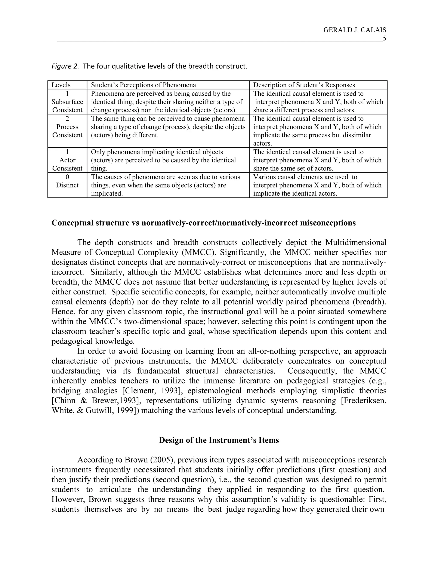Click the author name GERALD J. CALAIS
(x=354, y=30)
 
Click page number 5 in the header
(x=384, y=39)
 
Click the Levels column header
(x=61, y=85)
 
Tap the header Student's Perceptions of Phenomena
(x=143, y=85)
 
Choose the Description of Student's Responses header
(x=304, y=85)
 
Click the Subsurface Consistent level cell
(x=67, y=102)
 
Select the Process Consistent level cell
(x=67, y=127)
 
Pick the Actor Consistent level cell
(x=67, y=160)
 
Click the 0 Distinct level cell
(x=67, y=181)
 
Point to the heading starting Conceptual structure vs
(x=203, y=223)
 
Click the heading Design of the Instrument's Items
(x=219, y=440)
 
